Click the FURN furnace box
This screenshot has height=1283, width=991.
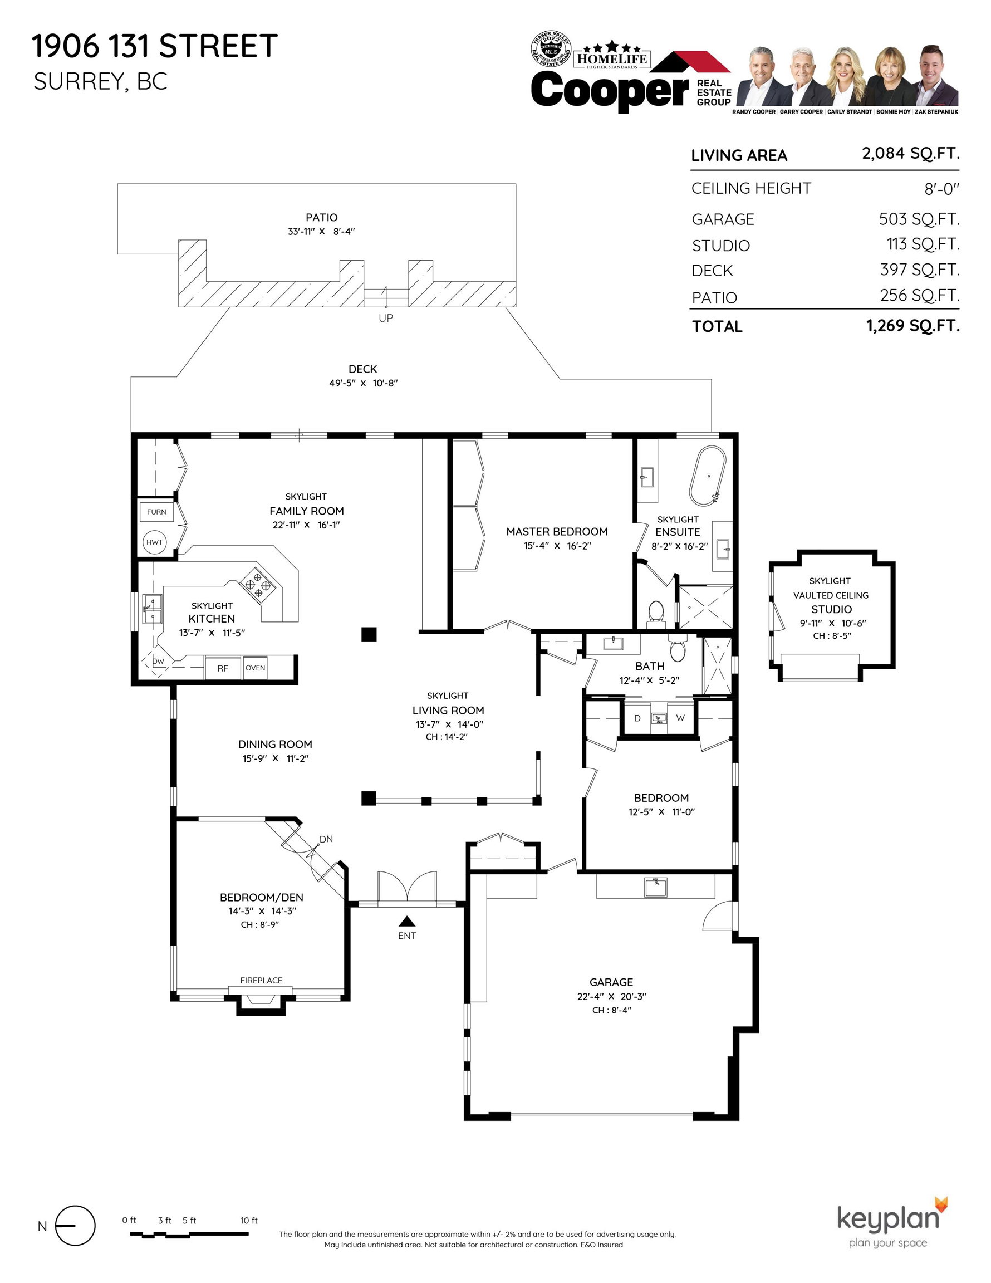point(156,512)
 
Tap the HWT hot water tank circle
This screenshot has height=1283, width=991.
point(154,542)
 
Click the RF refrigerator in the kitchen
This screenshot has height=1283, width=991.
point(223,668)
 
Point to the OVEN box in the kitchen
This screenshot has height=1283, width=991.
point(256,668)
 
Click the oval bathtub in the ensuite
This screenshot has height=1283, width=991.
point(709,477)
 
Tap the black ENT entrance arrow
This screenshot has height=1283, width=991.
point(407,921)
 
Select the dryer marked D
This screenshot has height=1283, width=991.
point(637,718)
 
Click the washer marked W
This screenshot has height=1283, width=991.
point(680,718)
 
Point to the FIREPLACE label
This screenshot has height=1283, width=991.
point(262,980)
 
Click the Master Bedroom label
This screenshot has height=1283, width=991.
point(557,532)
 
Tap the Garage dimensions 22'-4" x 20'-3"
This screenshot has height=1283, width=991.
point(611,996)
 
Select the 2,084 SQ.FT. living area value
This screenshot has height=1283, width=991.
point(910,154)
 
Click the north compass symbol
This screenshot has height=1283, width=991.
point(75,1226)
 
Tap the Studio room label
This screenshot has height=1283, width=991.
point(831,609)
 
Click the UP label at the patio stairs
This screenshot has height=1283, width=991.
point(386,318)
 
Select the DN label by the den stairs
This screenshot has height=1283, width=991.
point(326,839)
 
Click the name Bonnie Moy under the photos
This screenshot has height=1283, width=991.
point(893,111)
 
